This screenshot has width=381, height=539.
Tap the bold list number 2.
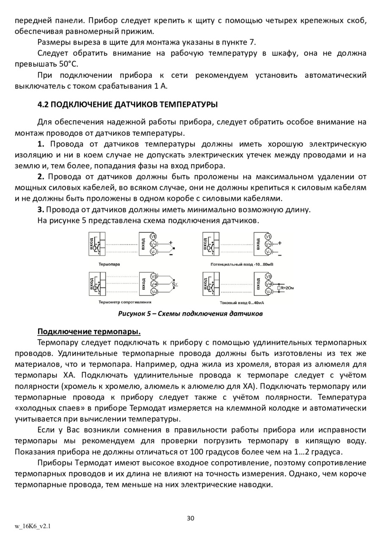tap(41, 176)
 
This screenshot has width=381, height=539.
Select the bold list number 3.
tap(41, 209)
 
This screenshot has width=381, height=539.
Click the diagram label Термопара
tap(109, 264)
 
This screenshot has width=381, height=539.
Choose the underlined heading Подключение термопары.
tap(89, 330)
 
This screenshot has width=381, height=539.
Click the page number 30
tap(190, 518)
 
